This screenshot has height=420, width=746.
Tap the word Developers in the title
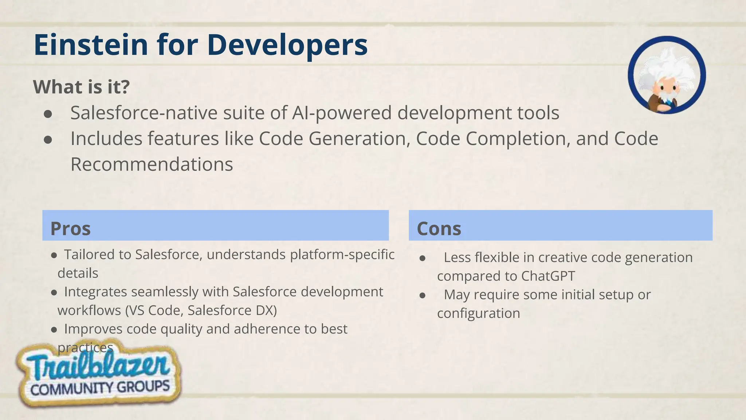coord(287,45)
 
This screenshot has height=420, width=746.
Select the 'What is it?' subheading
coord(81,87)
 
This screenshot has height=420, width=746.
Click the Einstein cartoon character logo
coord(667,75)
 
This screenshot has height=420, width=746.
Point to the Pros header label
coord(70,229)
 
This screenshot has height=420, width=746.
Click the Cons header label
coord(439,229)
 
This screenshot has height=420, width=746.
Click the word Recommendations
coord(152,164)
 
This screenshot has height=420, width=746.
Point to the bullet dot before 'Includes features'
coord(48,140)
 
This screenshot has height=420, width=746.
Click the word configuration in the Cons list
coord(478,313)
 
